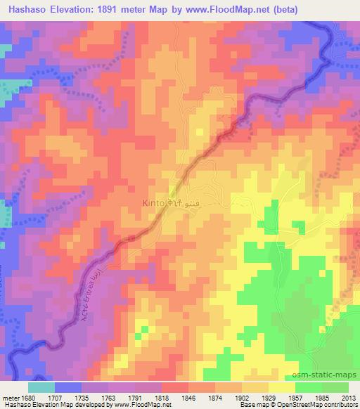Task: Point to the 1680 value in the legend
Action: (29, 397)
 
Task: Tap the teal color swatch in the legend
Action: (42, 387)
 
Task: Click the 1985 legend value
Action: (323, 397)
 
